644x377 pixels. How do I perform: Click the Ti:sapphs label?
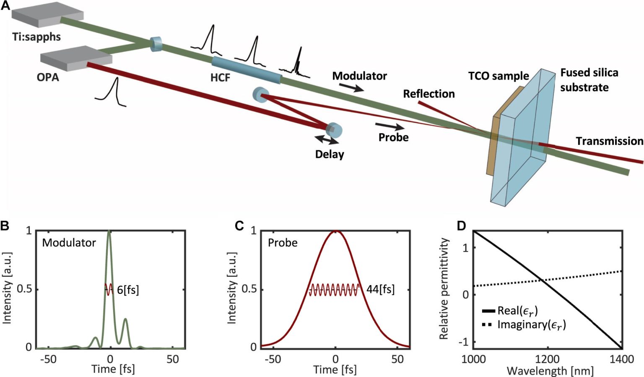tap(36, 37)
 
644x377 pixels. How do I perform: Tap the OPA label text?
tap(48, 77)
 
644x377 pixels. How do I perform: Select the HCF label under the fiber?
tap(220, 77)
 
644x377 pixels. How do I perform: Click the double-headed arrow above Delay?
tap(327, 140)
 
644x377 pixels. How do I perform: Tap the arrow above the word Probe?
tap(390, 126)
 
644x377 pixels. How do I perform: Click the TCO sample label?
tap(499, 76)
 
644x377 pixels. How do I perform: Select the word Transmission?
tap(609, 141)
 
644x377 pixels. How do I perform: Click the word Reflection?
tap(429, 94)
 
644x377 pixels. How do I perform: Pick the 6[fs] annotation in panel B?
tap(128, 290)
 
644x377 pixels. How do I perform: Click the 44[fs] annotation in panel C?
tap(380, 289)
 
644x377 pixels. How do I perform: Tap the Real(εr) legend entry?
tap(517, 311)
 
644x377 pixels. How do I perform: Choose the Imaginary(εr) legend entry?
tap(531, 325)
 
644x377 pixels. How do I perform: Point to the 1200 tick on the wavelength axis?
tap(547, 359)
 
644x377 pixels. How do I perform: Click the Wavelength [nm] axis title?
tap(550, 371)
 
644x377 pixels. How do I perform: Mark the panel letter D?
tap(461, 226)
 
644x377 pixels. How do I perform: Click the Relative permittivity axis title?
tap(444, 288)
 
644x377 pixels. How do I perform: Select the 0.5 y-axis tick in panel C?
tap(250, 289)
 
